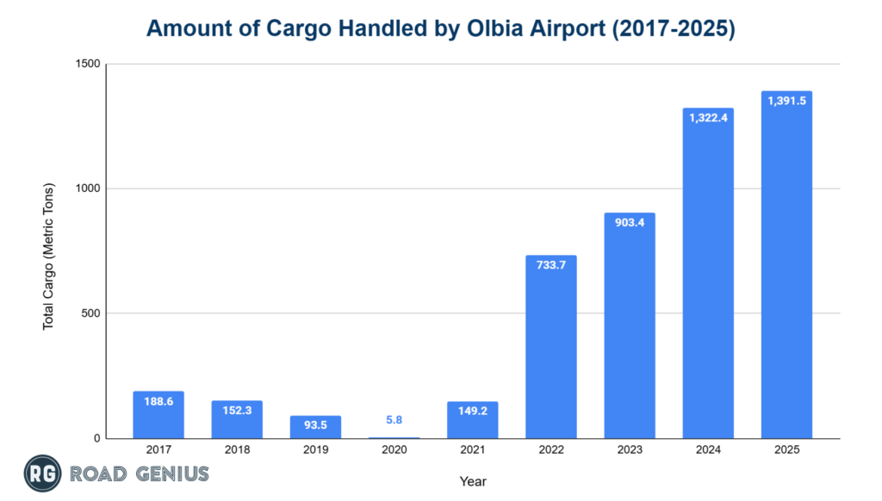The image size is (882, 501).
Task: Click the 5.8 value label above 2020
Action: pyautogui.click(x=394, y=419)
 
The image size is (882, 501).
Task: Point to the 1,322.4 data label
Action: pyautogui.click(x=708, y=117)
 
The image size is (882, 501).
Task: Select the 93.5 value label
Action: pyautogui.click(x=315, y=425)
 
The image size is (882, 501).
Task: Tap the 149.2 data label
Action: pyautogui.click(x=472, y=411)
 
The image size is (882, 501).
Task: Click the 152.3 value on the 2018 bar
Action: pyautogui.click(x=237, y=410)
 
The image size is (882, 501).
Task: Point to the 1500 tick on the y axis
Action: pyautogui.click(x=89, y=65)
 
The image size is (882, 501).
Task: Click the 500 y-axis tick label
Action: pyautogui.click(x=92, y=313)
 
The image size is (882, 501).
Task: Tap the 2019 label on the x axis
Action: pyautogui.click(x=315, y=450)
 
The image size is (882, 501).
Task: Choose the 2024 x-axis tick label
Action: pyautogui.click(x=708, y=450)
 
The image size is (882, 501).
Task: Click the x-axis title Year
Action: pyautogui.click(x=472, y=481)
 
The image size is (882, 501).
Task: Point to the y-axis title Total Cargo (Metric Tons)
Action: pyautogui.click(x=49, y=256)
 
